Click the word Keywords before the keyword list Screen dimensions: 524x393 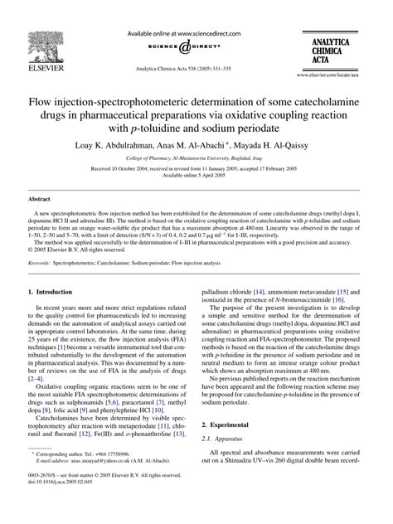pos(42,260)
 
